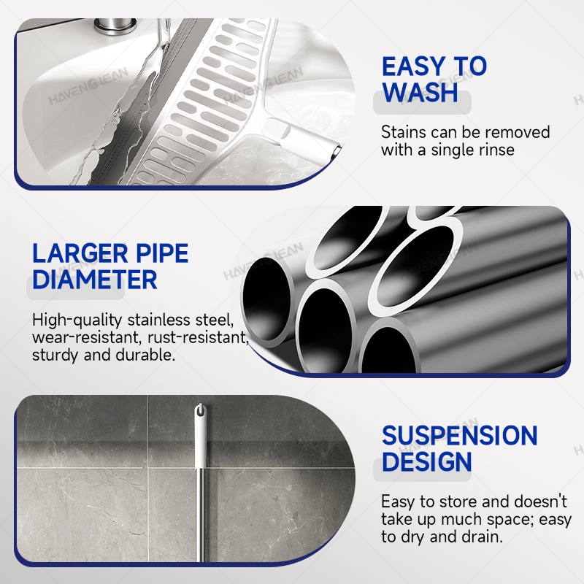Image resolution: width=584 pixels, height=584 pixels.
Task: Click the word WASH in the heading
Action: point(420,93)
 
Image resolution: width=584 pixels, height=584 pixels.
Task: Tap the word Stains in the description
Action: point(404,132)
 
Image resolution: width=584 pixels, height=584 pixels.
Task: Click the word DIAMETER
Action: point(95,280)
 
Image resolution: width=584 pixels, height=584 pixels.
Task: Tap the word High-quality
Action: point(77,320)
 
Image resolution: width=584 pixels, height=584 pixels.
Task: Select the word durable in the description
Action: point(145,355)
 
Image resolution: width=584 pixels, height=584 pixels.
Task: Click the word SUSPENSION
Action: point(460,435)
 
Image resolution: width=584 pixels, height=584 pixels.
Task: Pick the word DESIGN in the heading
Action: point(427,461)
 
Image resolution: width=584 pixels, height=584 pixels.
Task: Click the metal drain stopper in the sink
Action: point(115,26)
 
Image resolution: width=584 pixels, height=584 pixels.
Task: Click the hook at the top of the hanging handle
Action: point(200,410)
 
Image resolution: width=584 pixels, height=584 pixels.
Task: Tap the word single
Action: point(450,150)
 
